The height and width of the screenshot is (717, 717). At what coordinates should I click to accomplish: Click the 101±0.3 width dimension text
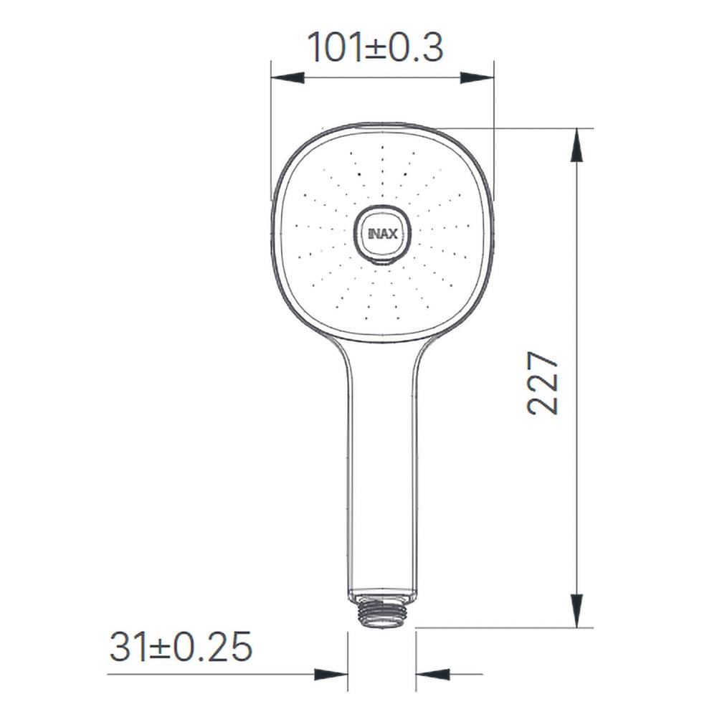375,47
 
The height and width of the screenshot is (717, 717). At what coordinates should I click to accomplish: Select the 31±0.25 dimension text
181,647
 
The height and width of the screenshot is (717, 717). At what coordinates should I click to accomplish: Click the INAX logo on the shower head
382,233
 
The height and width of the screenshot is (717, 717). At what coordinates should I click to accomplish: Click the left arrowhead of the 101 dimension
288,77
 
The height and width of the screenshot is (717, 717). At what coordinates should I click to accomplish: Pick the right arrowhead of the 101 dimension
477,77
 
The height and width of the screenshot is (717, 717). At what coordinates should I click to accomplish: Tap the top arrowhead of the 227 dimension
576,146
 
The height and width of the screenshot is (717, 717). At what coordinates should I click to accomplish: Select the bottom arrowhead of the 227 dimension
576,610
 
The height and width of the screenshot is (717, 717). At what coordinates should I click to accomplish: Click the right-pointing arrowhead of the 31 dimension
331,674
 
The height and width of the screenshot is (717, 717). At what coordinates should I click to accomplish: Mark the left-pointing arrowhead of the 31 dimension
432,674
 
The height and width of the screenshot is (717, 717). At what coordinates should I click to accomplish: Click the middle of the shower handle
381,466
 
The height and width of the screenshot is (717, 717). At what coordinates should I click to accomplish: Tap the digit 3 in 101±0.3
432,47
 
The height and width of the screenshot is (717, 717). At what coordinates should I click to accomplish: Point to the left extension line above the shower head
271,129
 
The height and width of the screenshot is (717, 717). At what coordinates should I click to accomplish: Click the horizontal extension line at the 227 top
516,128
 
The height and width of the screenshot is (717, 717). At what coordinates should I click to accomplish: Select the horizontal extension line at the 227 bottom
502,628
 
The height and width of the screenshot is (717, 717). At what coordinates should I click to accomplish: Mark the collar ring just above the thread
381,597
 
